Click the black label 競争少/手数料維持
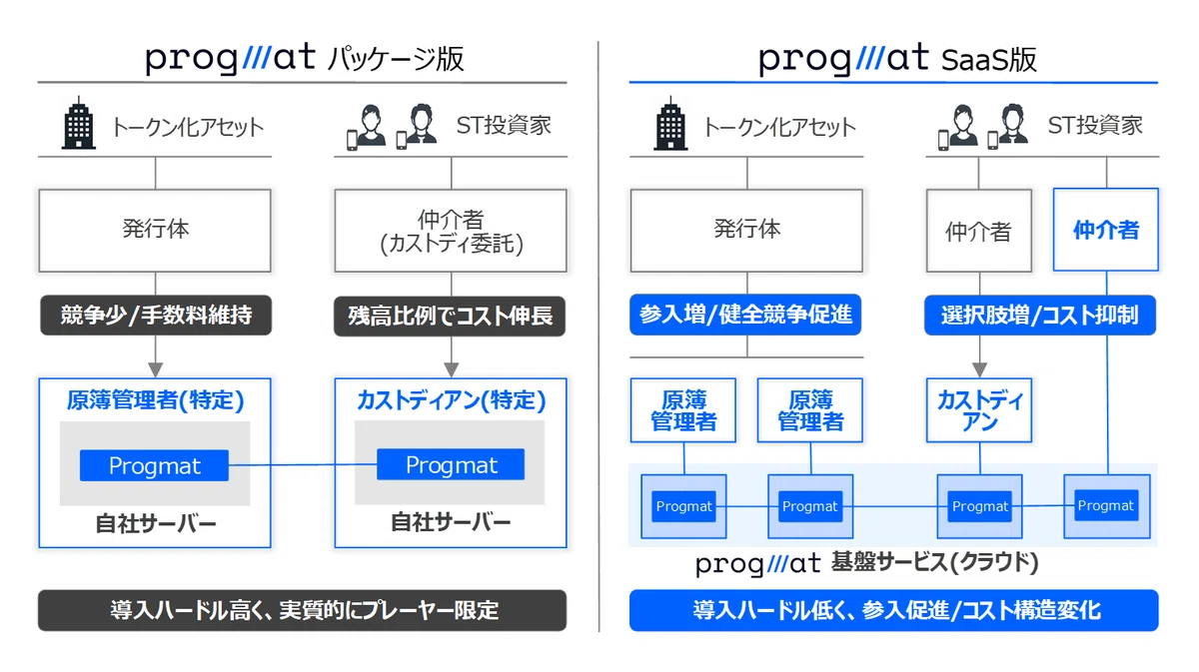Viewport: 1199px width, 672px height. click(156, 316)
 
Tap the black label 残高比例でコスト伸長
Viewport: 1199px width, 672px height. click(450, 316)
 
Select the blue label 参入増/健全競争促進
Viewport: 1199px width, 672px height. click(745, 315)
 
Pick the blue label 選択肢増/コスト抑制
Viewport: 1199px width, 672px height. click(1040, 316)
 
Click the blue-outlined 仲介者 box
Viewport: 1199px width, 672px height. click(1106, 230)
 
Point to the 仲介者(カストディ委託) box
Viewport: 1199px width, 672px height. click(451, 231)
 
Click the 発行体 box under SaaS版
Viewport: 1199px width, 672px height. click(746, 231)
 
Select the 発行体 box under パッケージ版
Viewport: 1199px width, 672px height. click(155, 231)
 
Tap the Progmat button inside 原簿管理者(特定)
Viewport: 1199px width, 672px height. click(154, 465)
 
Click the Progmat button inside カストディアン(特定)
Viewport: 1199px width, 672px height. click(451, 464)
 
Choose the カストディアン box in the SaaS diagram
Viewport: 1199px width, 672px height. click(979, 410)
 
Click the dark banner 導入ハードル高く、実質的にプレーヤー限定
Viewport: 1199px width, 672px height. click(303, 610)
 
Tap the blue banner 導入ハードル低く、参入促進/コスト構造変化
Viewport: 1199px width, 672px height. click(894, 610)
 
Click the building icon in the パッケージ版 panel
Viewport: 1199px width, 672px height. click(79, 123)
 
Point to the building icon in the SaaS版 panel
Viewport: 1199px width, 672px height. click(670, 123)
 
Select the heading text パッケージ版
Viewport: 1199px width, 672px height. click(396, 59)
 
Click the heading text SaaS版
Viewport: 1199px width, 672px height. click(989, 60)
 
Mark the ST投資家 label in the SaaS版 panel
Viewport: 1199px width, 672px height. click(1095, 126)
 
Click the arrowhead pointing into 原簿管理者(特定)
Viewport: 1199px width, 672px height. click(155, 369)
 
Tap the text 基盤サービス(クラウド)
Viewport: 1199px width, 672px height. click(934, 562)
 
